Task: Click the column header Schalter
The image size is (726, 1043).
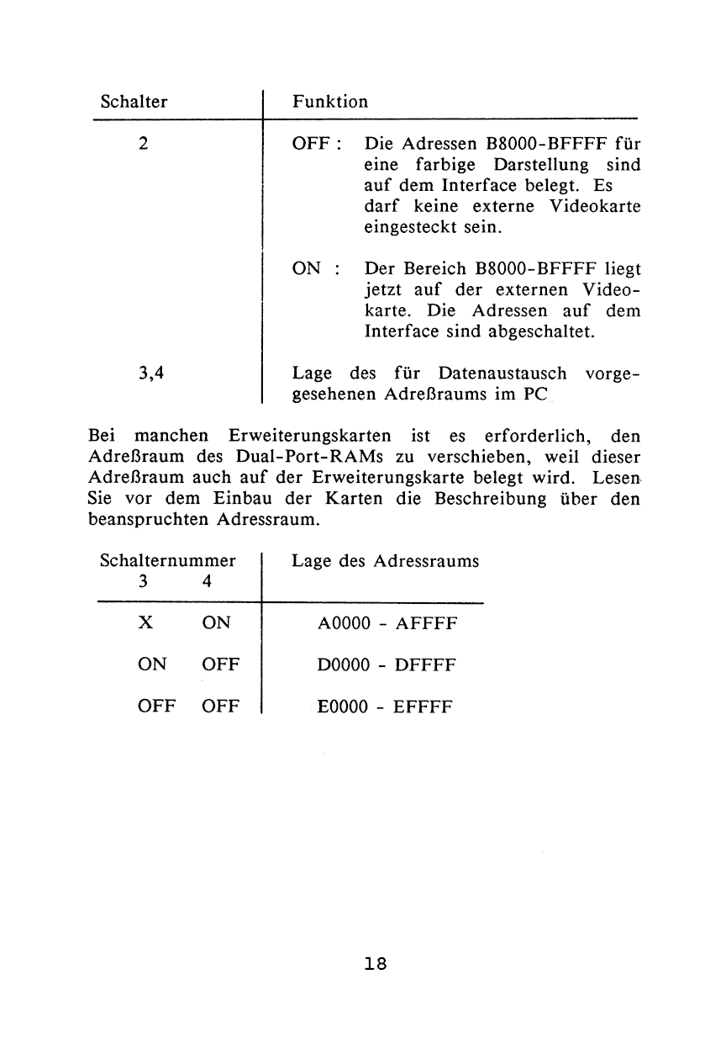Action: pyautogui.click(x=134, y=103)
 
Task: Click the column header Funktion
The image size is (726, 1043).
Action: pyautogui.click(x=329, y=103)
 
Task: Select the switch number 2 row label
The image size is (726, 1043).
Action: pyautogui.click(x=145, y=143)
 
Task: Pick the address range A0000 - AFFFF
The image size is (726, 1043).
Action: pyautogui.click(x=387, y=624)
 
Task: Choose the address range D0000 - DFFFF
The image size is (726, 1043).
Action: pyautogui.click(x=387, y=665)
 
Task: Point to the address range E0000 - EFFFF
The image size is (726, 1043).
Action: pyautogui.click(x=387, y=707)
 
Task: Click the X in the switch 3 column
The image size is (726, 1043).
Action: pyautogui.click(x=145, y=624)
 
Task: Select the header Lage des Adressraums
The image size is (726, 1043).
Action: pyautogui.click(x=386, y=561)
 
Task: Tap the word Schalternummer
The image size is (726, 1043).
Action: pyautogui.click(x=167, y=561)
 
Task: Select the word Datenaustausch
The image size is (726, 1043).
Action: pyautogui.click(x=490, y=373)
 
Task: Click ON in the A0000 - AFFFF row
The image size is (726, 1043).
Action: pyautogui.click(x=217, y=624)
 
